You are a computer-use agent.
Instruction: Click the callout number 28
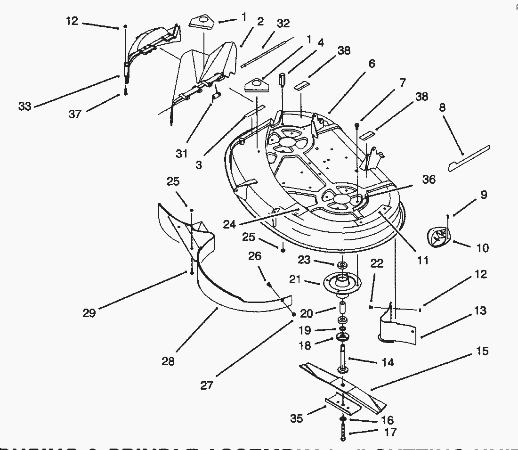(x=168, y=361)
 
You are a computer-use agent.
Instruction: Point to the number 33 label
(x=24, y=106)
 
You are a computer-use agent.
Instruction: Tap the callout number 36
(x=429, y=180)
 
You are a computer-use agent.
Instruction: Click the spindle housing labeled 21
(x=341, y=283)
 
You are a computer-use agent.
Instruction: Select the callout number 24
(x=229, y=224)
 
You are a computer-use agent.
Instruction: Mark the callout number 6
(x=372, y=63)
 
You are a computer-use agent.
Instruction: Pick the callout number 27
(x=207, y=385)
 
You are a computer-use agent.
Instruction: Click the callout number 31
(x=182, y=154)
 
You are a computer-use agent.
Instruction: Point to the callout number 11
(x=423, y=260)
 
